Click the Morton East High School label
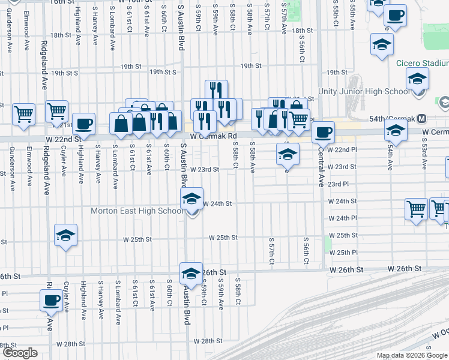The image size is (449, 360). click(x=137, y=211)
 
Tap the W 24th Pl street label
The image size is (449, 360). click(x=342, y=218)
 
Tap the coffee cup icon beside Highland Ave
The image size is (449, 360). click(x=83, y=124)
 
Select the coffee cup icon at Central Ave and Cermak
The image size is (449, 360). click(x=322, y=131)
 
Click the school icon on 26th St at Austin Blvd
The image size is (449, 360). click(x=190, y=273)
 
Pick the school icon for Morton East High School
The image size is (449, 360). click(x=191, y=199)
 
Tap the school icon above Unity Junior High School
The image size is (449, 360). click(x=417, y=79)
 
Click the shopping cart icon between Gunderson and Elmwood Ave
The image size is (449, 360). click(x=23, y=112)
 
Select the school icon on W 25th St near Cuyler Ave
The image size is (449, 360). click(x=65, y=235)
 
